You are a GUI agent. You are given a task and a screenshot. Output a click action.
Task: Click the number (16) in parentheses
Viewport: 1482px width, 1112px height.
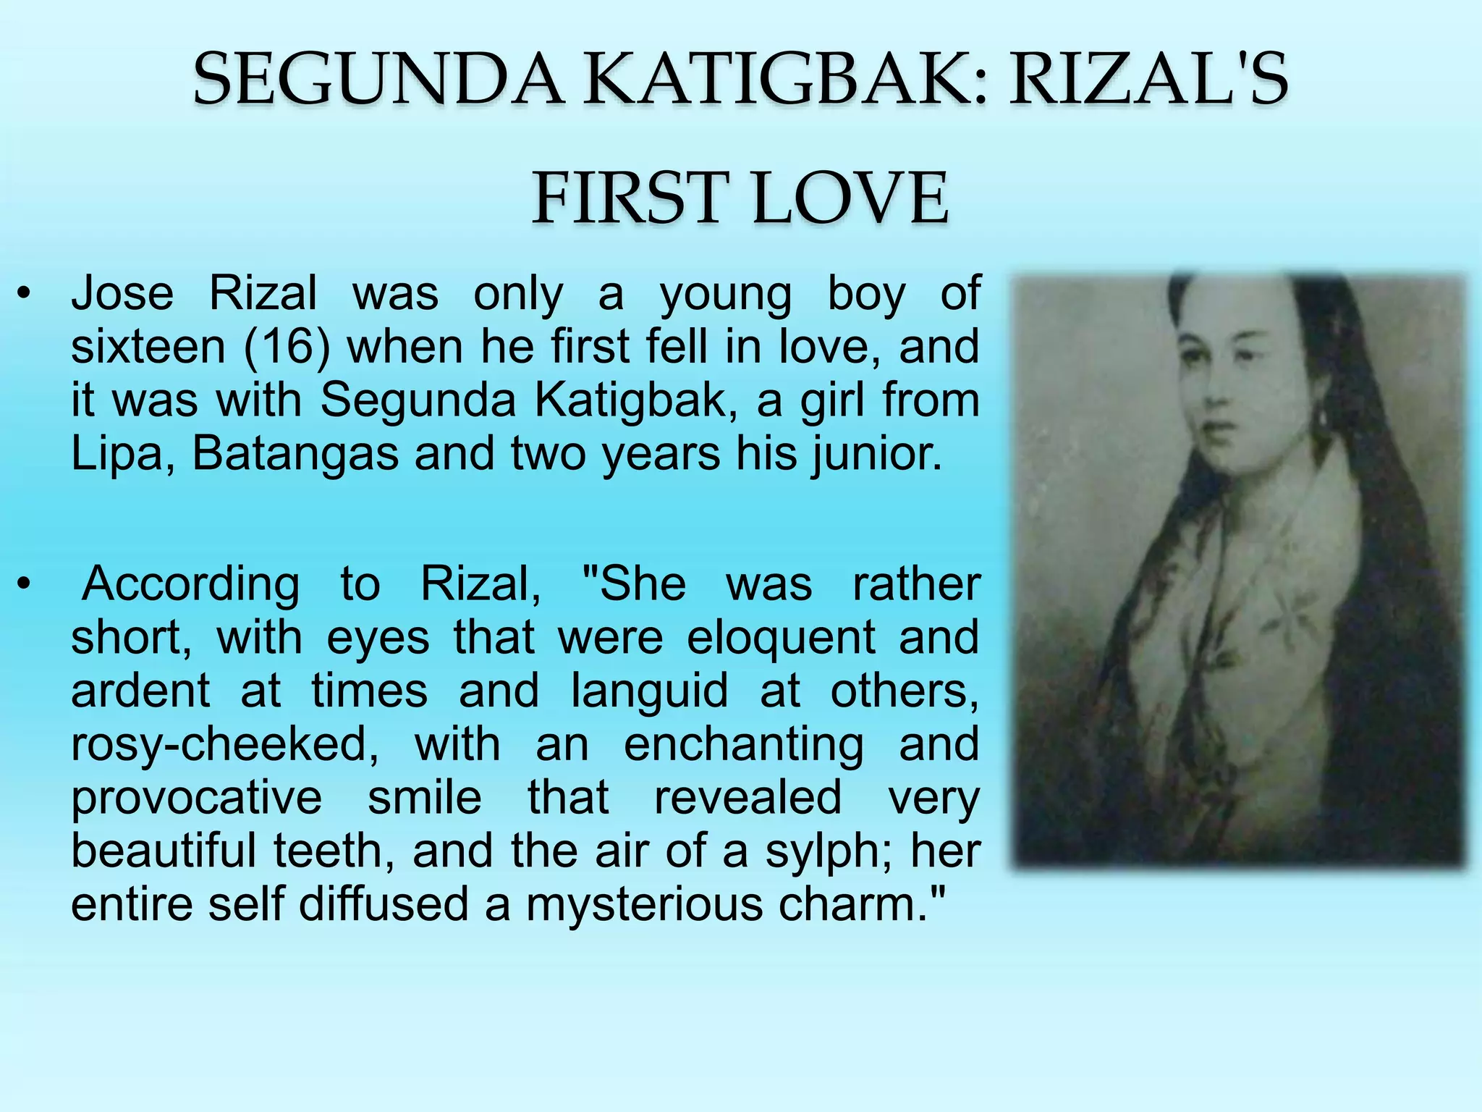[287, 347]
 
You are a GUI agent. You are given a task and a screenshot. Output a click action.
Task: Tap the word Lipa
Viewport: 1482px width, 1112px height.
[116, 454]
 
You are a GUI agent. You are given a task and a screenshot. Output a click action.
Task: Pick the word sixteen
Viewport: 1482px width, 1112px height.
[148, 347]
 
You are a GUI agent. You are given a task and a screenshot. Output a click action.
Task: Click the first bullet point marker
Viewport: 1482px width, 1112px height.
[25, 295]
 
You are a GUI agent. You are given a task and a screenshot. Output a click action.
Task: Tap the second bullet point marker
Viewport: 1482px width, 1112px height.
[25, 584]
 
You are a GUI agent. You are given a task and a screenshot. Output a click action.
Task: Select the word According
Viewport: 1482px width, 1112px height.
[190, 585]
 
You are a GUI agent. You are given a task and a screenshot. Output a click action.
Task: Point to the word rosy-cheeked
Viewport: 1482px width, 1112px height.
[224, 745]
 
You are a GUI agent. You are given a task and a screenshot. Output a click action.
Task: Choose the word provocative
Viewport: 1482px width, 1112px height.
[197, 798]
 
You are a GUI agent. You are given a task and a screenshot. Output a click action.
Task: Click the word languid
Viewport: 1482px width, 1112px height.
[649, 691]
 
